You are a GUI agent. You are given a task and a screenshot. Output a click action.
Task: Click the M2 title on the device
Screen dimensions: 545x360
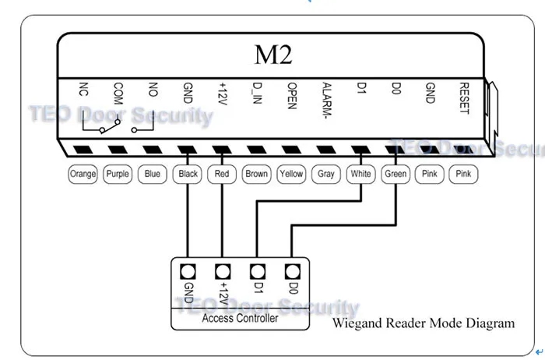(x=273, y=55)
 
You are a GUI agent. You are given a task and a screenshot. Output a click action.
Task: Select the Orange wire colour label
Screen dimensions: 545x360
(x=83, y=174)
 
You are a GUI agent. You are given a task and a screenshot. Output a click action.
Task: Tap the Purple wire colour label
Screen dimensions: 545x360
(x=118, y=174)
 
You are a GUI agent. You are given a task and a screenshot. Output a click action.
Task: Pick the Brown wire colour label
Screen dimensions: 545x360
(x=256, y=174)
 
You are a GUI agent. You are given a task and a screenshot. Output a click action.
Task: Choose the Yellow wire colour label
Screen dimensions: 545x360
(x=291, y=174)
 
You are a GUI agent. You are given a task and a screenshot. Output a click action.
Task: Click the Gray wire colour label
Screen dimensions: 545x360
(x=326, y=174)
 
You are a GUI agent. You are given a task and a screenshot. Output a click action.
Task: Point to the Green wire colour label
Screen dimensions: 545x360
(x=396, y=174)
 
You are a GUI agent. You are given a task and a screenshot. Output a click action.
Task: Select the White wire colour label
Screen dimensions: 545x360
(x=360, y=174)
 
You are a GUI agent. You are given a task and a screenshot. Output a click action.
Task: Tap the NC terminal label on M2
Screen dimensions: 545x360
(x=83, y=89)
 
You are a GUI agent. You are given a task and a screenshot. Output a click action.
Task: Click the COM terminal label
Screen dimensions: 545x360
(x=118, y=94)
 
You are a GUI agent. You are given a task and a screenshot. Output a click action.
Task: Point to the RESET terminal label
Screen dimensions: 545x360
(x=464, y=98)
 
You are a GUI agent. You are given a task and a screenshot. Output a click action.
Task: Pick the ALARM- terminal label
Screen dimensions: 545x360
(x=327, y=101)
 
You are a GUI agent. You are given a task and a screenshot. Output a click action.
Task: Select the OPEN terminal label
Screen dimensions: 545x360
(x=292, y=96)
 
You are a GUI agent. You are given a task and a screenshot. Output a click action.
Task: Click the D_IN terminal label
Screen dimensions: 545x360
(x=257, y=94)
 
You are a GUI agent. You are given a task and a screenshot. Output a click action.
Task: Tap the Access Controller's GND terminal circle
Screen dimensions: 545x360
(x=188, y=272)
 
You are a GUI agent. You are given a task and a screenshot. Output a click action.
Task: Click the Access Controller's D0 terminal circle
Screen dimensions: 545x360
(x=292, y=272)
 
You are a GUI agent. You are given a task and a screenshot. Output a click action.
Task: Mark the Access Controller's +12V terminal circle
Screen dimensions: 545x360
(x=223, y=272)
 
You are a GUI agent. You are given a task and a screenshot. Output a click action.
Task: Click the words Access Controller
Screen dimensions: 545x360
(x=240, y=318)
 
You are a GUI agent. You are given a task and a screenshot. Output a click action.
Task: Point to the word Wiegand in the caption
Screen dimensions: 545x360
(x=357, y=323)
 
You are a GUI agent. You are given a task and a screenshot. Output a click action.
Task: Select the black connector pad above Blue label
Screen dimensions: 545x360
(x=153, y=150)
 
